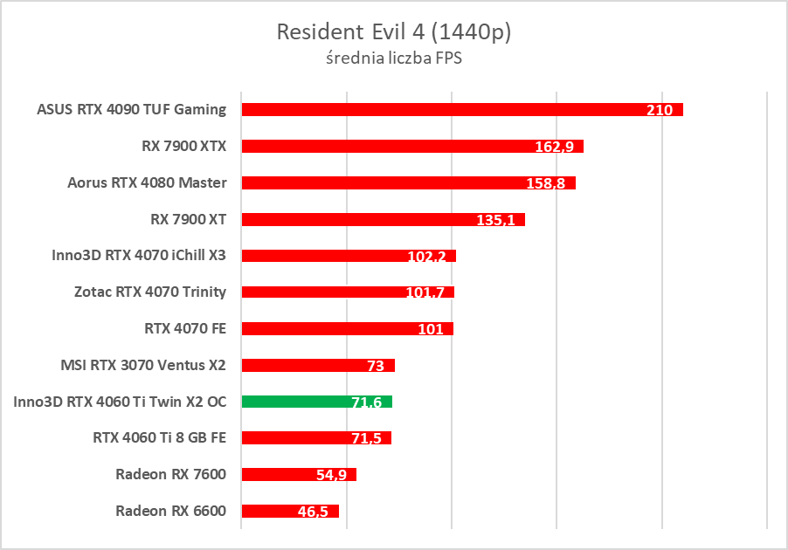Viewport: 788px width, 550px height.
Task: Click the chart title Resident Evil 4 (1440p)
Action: pyautogui.click(x=393, y=32)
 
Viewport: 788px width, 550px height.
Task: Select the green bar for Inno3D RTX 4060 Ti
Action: pyautogui.click(x=316, y=402)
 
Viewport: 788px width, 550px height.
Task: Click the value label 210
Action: pyautogui.click(x=660, y=111)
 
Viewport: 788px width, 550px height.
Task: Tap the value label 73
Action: pyautogui.click(x=376, y=366)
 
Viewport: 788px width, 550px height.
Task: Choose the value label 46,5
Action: pyautogui.click(x=313, y=512)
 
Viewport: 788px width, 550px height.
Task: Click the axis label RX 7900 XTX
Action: pyautogui.click(x=183, y=146)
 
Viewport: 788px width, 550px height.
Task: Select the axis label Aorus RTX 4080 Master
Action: pyautogui.click(x=147, y=182)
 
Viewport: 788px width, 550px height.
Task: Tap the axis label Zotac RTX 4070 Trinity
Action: pyautogui.click(x=150, y=292)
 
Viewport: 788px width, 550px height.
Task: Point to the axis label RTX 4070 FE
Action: pyautogui.click(x=185, y=328)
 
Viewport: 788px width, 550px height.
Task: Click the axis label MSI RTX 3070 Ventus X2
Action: pyautogui.click(x=143, y=365)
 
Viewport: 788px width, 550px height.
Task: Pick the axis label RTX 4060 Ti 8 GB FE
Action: pyautogui.click(x=160, y=437)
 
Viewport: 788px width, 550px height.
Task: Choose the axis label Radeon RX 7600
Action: pyautogui.click(x=170, y=474)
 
